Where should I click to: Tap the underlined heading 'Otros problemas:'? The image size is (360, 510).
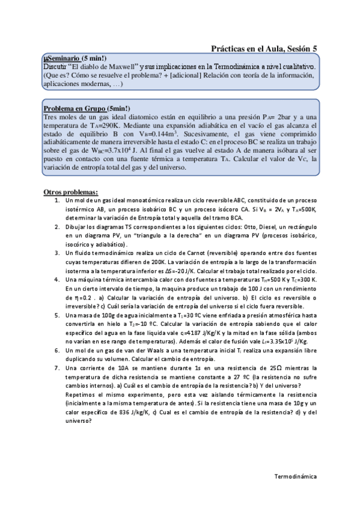67,191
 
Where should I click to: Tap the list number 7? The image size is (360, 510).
56,367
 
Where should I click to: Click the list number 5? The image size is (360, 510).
56,315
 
